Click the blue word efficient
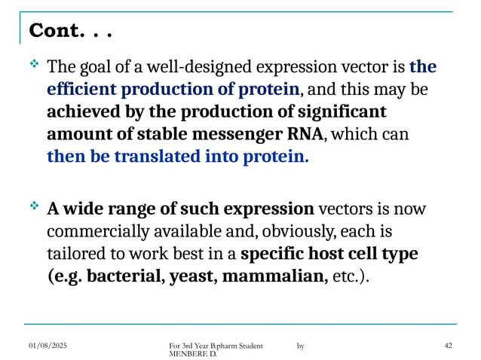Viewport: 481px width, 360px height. tap(79, 90)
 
